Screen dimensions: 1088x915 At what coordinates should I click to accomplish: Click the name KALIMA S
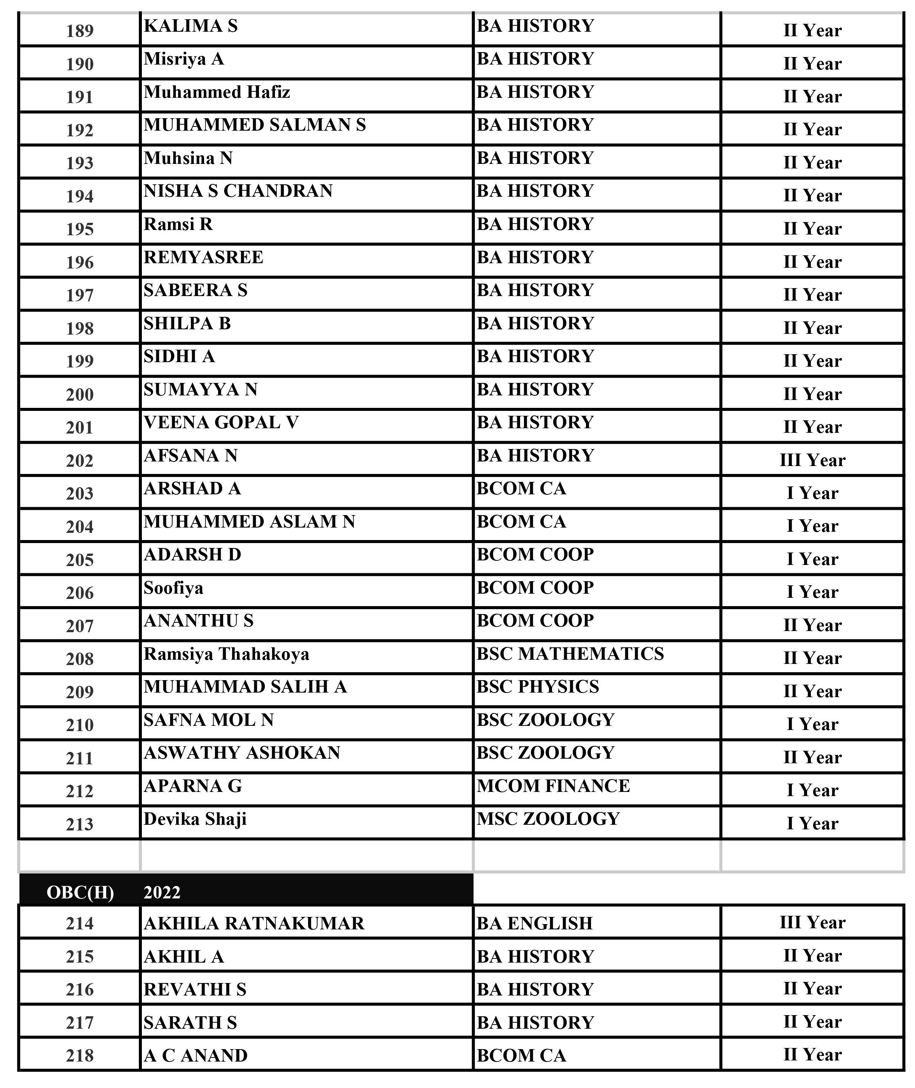coord(191,26)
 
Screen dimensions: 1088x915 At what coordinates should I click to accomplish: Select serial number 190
coord(80,64)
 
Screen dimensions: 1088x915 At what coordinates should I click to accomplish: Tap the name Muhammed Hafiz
coord(217,92)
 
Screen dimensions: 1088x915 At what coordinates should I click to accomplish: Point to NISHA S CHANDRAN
coord(238,191)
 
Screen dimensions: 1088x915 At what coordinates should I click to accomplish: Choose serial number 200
coord(80,395)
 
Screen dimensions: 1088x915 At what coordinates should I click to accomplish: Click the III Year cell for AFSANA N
coord(812,460)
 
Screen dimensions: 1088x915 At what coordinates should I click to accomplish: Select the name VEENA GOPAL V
coord(221,423)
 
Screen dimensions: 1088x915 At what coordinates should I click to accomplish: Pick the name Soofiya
coord(173,588)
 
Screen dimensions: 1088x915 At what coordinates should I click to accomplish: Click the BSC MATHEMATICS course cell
coord(570,654)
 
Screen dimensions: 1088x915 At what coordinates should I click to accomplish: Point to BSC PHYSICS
coord(538,687)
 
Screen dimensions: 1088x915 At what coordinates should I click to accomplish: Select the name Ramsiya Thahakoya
coord(226,654)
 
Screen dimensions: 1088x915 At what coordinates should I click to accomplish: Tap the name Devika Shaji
coord(195,819)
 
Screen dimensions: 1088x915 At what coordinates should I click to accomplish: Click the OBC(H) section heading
coord(80,892)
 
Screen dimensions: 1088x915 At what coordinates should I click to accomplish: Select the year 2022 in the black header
coord(162,892)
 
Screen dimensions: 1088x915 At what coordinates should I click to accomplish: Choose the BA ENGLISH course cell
coord(535,923)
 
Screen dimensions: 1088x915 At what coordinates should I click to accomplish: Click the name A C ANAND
coord(195,1055)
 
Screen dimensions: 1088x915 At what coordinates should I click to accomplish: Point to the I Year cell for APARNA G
coord(812,790)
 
